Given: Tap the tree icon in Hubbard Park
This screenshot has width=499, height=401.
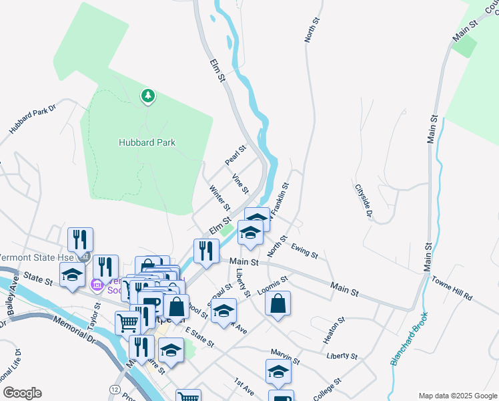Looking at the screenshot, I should coord(147,97).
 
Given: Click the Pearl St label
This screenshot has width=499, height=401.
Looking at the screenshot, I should coord(235,156).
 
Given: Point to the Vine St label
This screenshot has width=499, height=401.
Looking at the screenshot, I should coord(240,182).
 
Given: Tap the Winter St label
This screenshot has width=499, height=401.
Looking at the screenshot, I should coord(220,197).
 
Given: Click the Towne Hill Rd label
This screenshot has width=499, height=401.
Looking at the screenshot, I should coord(452,287).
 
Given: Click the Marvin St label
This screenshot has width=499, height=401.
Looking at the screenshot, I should coord(286,356).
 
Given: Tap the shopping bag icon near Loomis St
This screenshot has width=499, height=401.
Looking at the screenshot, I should coord(278,304).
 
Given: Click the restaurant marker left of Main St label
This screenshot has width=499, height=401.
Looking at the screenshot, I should coord(205,251).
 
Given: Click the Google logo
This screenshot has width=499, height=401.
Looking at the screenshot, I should coord(22,393).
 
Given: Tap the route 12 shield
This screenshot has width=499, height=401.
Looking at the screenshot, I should coord(116,389).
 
